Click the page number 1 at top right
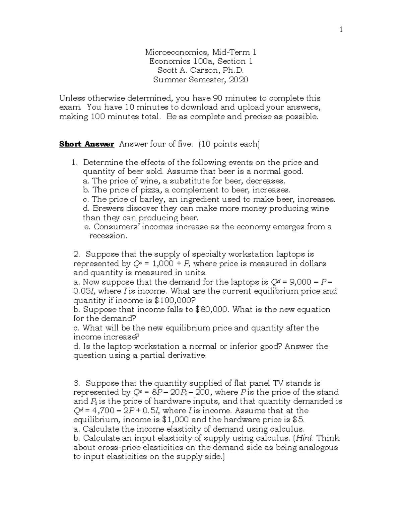click(341, 29)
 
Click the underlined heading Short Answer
click(86, 144)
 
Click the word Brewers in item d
click(107, 208)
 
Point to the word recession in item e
click(108, 236)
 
